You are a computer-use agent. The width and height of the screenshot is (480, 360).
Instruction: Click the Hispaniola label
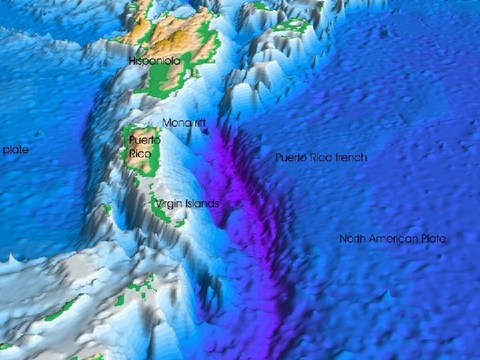point(155,61)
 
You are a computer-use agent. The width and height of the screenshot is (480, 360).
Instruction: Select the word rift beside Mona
point(199,123)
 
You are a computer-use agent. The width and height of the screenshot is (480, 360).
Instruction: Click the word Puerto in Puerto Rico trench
point(291,157)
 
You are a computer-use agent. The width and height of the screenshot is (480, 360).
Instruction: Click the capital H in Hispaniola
point(133,61)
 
